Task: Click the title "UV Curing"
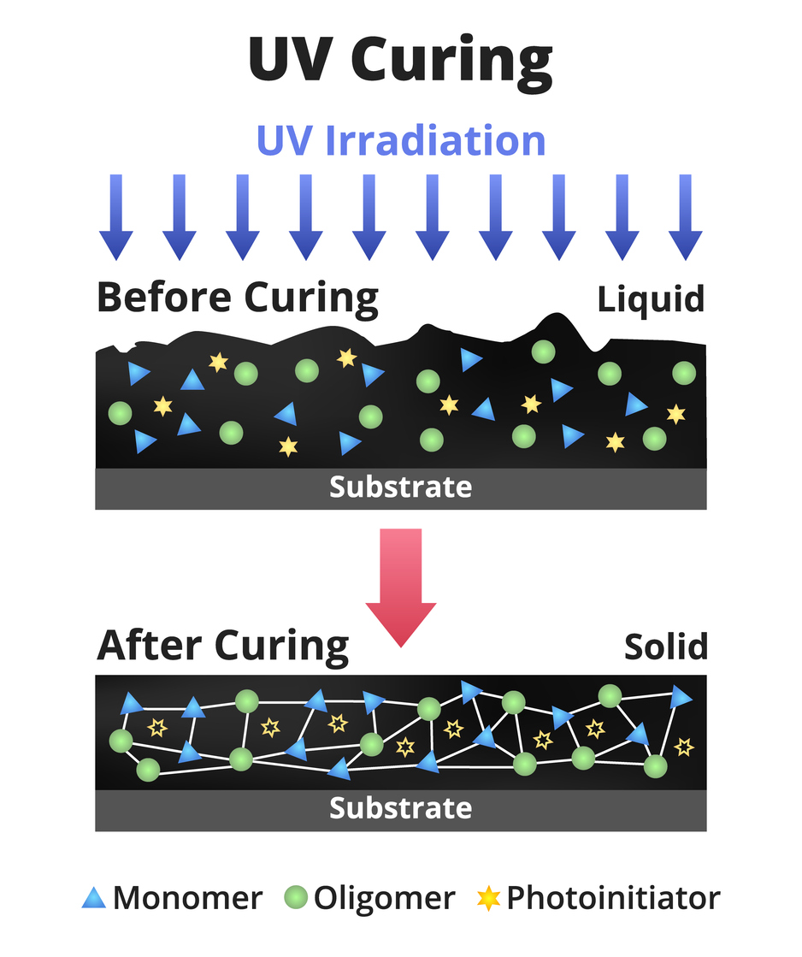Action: [400, 60]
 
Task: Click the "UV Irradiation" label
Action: [400, 140]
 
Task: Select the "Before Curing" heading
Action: [237, 298]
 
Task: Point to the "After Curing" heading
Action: [223, 645]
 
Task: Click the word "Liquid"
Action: [652, 299]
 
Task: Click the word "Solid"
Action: [666, 647]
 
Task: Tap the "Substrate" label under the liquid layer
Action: [400, 487]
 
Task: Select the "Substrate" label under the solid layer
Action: [400, 808]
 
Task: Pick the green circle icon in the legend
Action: [295, 898]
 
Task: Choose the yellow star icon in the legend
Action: [488, 898]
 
